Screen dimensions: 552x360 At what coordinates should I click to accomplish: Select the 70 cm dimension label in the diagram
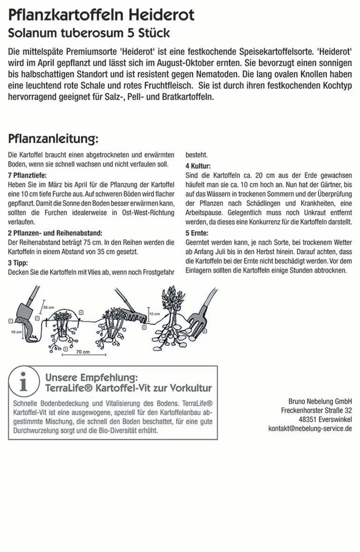[83, 352]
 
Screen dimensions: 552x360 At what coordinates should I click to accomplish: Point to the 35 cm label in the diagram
[48, 307]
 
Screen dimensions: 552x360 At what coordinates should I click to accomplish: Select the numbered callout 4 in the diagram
[81, 312]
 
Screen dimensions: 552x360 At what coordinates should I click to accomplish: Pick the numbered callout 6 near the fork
[204, 331]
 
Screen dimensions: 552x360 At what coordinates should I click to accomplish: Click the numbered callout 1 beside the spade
[10, 321]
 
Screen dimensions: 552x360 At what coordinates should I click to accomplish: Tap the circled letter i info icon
[24, 381]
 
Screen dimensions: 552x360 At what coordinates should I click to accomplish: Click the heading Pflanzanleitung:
[53, 139]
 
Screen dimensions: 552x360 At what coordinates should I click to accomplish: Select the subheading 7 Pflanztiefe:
[27, 175]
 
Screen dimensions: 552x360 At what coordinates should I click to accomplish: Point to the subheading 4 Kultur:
[198, 166]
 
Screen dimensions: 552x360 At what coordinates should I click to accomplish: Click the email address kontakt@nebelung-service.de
[310, 428]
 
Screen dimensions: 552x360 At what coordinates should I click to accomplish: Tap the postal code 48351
[308, 419]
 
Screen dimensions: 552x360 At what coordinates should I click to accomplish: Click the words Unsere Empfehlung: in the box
[91, 378]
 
